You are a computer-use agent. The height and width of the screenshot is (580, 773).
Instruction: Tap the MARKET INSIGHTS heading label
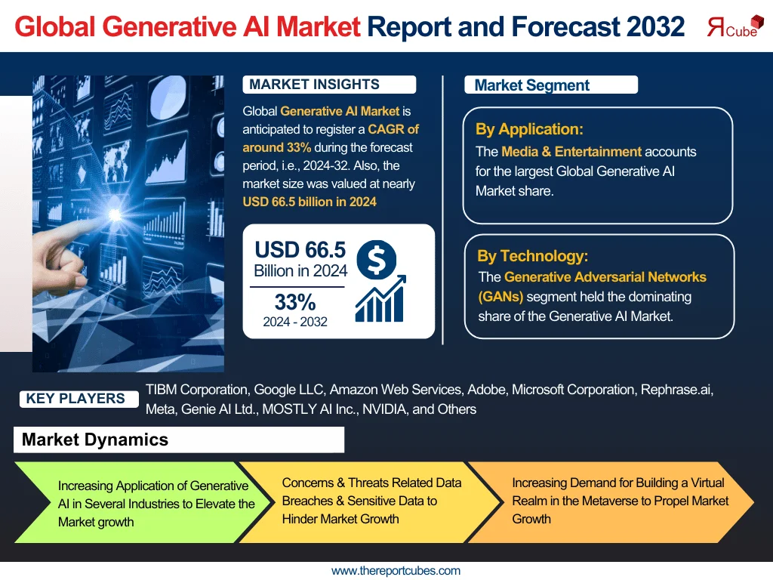click(x=314, y=85)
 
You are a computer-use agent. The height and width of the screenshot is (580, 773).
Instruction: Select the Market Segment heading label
click(x=531, y=85)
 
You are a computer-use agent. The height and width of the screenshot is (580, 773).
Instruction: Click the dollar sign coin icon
click(x=375, y=258)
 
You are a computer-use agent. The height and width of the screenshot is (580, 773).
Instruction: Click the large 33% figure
click(x=295, y=302)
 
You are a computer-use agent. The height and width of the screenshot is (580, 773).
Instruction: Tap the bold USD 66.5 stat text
click(x=300, y=249)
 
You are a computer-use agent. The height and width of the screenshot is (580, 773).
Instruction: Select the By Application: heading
click(x=529, y=129)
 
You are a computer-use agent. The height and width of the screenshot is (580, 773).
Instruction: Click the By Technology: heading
click(x=532, y=256)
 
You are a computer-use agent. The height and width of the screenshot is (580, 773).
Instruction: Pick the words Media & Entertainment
click(x=571, y=151)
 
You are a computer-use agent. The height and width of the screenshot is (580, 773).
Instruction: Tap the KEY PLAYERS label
click(x=75, y=399)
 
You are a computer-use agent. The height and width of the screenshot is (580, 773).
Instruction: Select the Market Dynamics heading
click(x=95, y=440)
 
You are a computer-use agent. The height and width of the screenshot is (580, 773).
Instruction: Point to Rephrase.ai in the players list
click(x=676, y=390)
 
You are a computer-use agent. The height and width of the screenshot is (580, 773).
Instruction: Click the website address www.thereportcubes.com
click(x=396, y=571)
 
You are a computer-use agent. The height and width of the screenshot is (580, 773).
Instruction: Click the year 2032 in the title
click(x=655, y=27)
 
